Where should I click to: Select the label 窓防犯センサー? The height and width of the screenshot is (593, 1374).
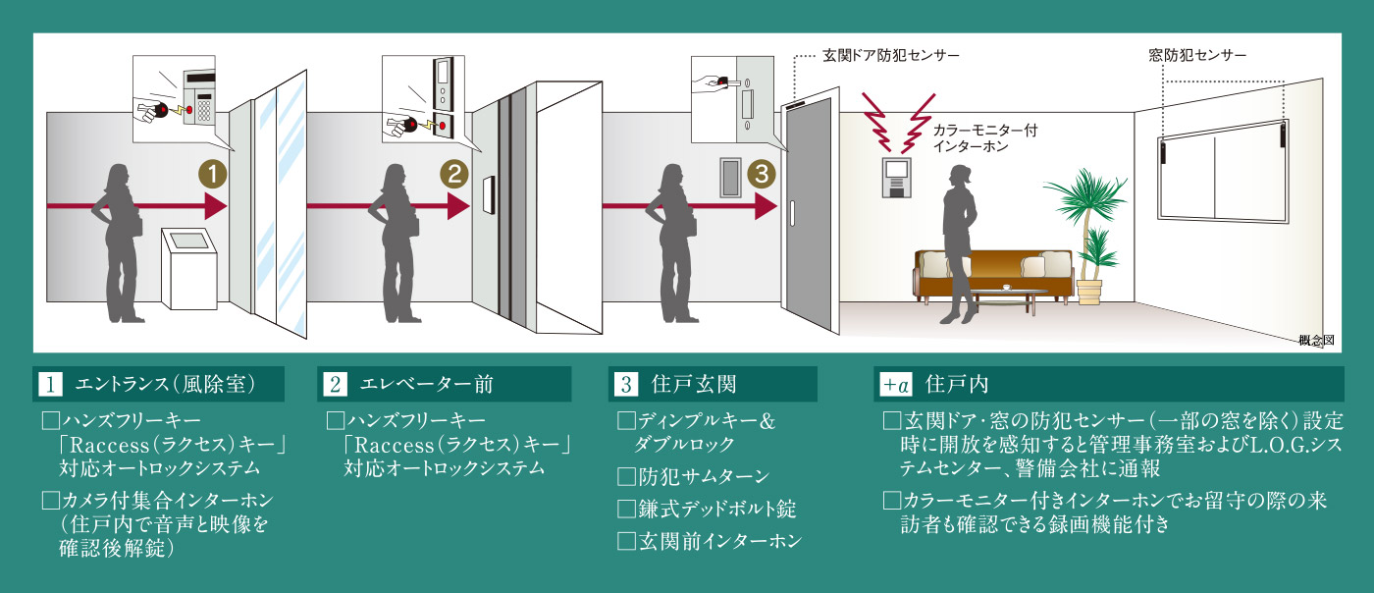pos(1197,55)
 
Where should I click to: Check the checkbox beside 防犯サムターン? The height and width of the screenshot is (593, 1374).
pos(626,478)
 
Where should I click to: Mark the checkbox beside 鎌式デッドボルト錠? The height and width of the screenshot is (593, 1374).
pos(626,510)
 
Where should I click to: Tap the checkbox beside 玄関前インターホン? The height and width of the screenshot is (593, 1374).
pos(626,541)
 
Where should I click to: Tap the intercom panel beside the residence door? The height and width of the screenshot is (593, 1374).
pos(733,177)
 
